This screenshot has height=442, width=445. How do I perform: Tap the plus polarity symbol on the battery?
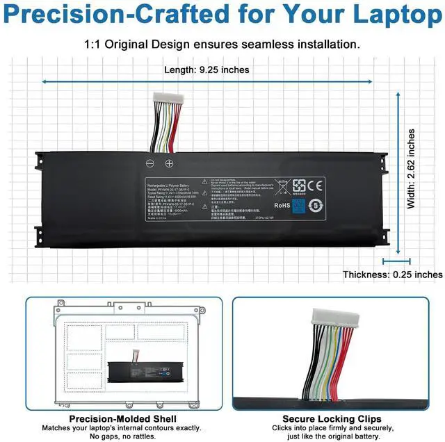(x=168, y=163)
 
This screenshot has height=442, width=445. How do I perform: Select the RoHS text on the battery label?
(x=282, y=205)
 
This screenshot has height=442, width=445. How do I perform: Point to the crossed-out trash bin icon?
(x=283, y=186)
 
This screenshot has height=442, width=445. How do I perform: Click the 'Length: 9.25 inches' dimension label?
(x=207, y=69)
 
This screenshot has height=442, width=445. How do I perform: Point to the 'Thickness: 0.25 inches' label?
(x=392, y=275)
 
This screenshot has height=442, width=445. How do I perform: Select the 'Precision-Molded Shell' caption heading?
(x=123, y=419)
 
